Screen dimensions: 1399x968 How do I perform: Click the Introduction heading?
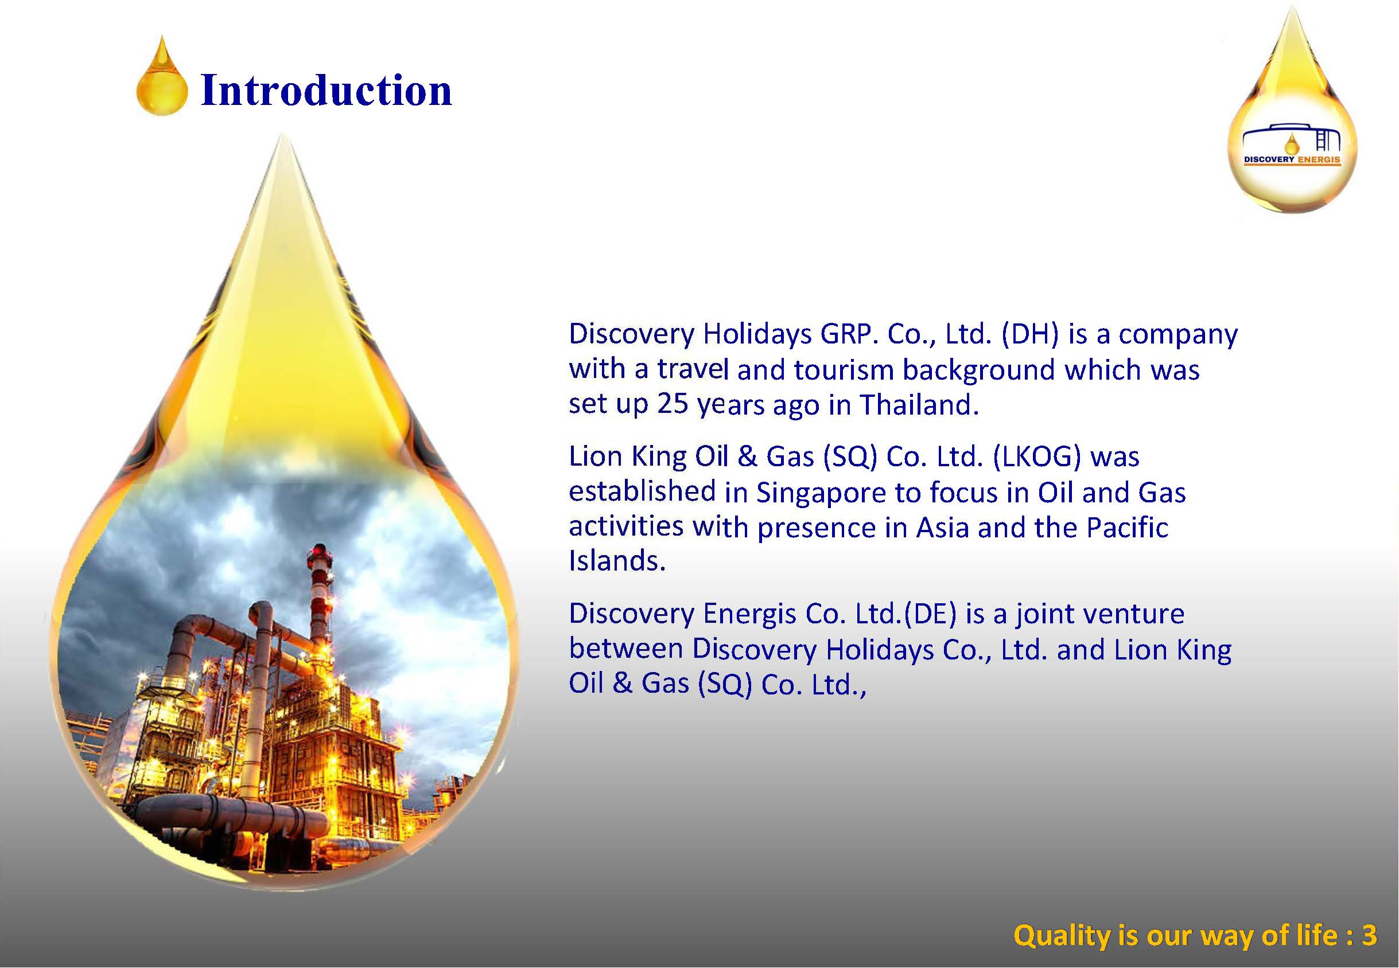[x=326, y=91]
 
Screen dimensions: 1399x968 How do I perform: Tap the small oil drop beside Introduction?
[x=162, y=77]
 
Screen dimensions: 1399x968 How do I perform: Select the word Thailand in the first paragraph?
[x=919, y=404]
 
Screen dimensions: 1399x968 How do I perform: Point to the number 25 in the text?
[x=672, y=404]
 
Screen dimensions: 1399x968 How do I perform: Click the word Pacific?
[x=1127, y=527]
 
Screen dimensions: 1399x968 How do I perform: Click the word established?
[x=642, y=492]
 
